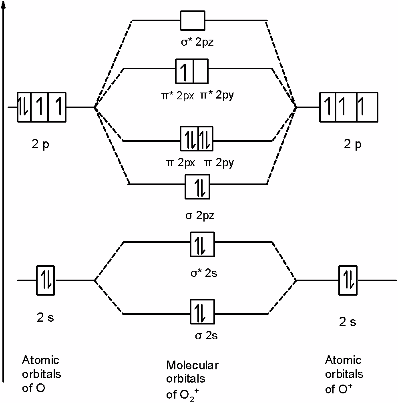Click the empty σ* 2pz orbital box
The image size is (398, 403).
point(193,20)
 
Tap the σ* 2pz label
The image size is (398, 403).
point(197,42)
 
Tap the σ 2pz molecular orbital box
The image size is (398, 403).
point(197,187)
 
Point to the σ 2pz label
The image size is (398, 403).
point(200,216)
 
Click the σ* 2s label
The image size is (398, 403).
point(203,274)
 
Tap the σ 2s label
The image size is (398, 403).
point(206,336)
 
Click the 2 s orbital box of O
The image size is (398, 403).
point(45,279)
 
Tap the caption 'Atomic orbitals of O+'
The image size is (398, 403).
point(344,374)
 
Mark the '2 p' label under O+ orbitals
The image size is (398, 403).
point(352,144)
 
